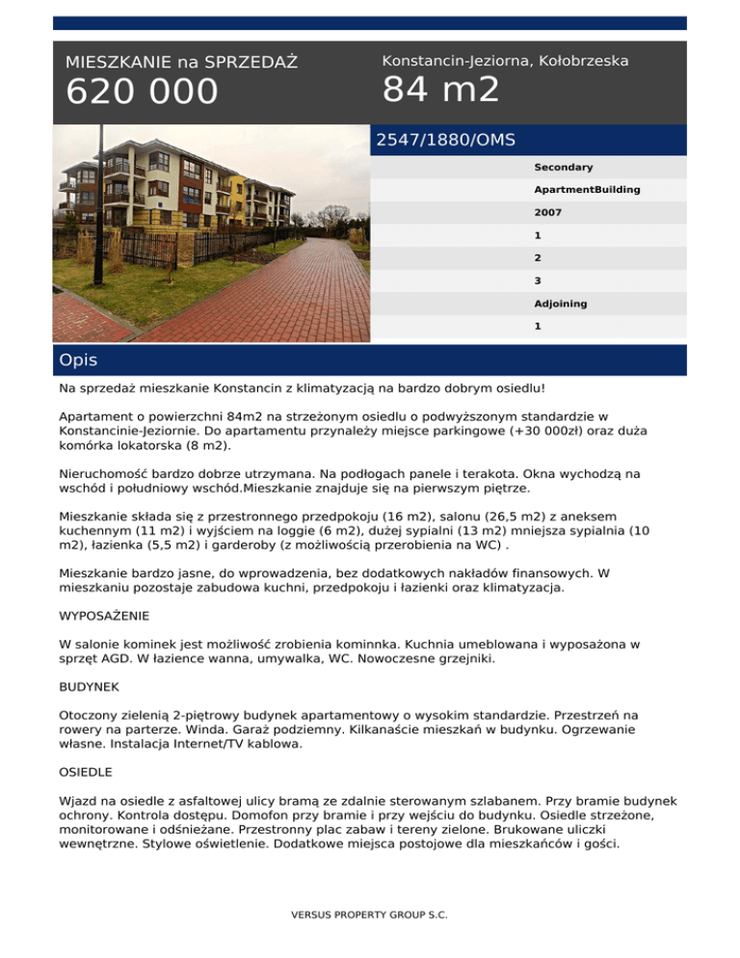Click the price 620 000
coord(142,93)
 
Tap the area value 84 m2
coord(440,90)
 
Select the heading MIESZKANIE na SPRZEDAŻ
coord(181,63)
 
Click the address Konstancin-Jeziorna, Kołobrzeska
coord(505,61)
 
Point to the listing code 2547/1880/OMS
coord(445,140)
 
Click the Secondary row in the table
coord(564,168)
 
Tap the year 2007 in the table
coord(548,213)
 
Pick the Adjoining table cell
coord(561,304)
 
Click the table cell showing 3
coord(538,280)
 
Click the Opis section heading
coord(77,360)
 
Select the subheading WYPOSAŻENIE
coord(104,614)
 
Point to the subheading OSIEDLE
coord(88,773)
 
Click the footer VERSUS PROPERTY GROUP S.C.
coord(370,914)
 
